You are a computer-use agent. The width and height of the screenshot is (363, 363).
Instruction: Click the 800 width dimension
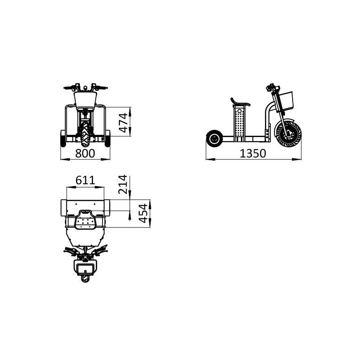pyautogui.click(x=85, y=153)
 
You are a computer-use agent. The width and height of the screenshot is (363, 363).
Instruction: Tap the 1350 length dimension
pyautogui.click(x=253, y=153)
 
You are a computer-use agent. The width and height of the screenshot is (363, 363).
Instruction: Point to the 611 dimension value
pyautogui.click(x=85, y=180)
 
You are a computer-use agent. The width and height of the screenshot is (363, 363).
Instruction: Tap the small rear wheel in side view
pyautogui.click(x=214, y=139)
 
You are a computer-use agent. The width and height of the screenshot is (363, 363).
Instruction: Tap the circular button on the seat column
pyautogui.click(x=240, y=110)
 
